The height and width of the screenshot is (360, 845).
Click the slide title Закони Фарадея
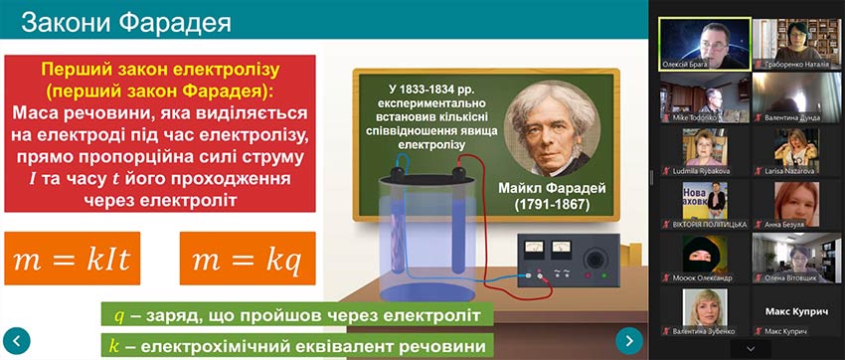[x=126, y=21]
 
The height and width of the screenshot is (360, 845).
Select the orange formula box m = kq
[x=248, y=260]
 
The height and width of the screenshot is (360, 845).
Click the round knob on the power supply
[x=595, y=258]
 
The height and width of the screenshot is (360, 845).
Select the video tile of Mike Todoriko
[x=703, y=100]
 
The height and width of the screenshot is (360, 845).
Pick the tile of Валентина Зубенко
[x=703, y=311]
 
